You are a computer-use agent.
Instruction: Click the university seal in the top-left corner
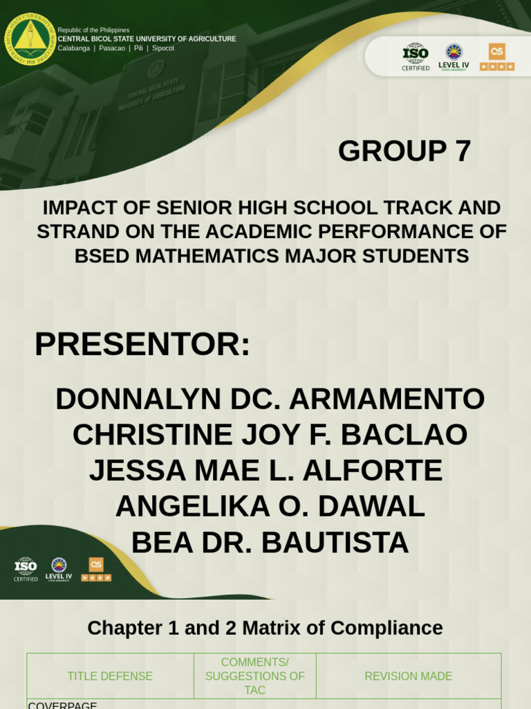pyautogui.click(x=30, y=39)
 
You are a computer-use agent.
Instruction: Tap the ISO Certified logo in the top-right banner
pyautogui.click(x=416, y=56)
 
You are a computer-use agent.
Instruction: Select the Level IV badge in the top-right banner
pyautogui.click(x=454, y=56)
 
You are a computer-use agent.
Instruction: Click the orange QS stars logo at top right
pyautogui.click(x=497, y=56)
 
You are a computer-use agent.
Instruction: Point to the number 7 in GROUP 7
pyautogui.click(x=463, y=151)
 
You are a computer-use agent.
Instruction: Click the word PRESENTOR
pyautogui.click(x=142, y=344)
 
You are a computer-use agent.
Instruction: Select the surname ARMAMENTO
pyautogui.click(x=386, y=399)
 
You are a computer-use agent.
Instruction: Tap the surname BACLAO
pyautogui.click(x=404, y=435)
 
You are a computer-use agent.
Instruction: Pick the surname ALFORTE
pyautogui.click(x=373, y=471)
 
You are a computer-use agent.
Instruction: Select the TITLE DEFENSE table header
pyautogui.click(x=110, y=676)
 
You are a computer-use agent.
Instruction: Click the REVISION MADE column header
pyautogui.click(x=409, y=676)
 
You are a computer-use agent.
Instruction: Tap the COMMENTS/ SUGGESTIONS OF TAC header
pyautogui.click(x=255, y=676)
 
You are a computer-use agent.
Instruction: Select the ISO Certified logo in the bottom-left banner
pyautogui.click(x=26, y=569)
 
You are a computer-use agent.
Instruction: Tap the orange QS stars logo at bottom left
pyautogui.click(x=96, y=569)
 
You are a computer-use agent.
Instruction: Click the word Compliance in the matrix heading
pyautogui.click(x=386, y=628)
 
